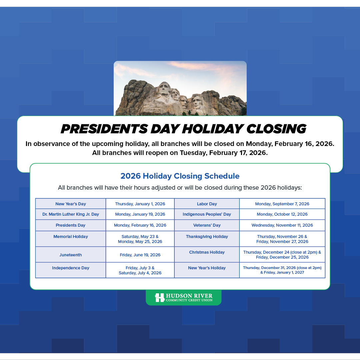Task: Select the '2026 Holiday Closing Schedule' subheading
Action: (x=180, y=176)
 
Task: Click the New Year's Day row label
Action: (x=71, y=204)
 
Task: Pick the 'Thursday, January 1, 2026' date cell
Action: (x=140, y=204)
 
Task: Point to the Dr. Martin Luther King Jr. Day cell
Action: (x=71, y=214)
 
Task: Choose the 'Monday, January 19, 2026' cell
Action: (x=140, y=214)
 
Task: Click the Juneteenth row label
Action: (x=71, y=255)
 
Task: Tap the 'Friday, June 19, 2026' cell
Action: (x=140, y=255)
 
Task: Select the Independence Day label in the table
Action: (x=71, y=268)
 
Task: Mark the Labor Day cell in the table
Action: (x=207, y=204)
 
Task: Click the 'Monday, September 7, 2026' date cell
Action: (x=282, y=204)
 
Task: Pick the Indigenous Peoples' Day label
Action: (x=207, y=214)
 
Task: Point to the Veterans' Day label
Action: (x=207, y=225)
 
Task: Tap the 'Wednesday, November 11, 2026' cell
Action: (x=282, y=225)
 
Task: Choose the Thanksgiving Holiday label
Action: (x=207, y=237)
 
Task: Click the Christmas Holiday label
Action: (x=207, y=252)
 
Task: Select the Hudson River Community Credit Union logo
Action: (x=183, y=297)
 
